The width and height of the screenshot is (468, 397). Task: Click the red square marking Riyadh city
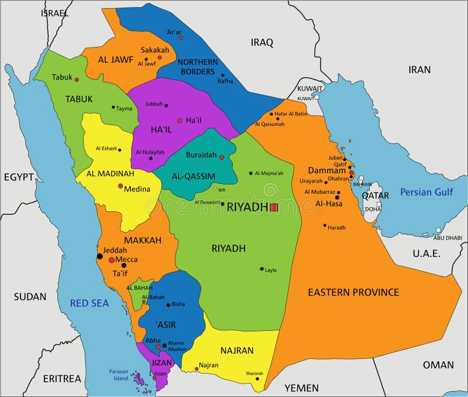point(274,207)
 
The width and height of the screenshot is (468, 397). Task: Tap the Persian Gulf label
point(426,191)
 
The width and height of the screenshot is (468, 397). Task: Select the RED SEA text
point(90,303)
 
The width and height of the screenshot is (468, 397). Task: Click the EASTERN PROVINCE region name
point(353,292)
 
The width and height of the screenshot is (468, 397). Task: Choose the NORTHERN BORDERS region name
point(197,66)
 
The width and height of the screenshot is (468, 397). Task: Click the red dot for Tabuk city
point(77,80)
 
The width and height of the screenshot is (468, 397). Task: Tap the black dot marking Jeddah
point(99,256)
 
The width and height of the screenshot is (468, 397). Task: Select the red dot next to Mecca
point(111,259)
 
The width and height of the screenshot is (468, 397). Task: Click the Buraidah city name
point(201,155)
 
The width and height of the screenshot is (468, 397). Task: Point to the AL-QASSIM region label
point(194,176)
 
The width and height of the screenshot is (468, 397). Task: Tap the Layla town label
point(270,270)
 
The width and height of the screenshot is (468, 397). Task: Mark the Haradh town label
point(336,227)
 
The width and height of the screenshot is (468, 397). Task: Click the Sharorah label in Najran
point(254,373)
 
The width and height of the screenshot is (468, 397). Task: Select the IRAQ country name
point(262,42)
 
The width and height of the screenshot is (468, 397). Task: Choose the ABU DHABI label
point(447,238)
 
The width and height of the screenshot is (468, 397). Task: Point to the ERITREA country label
point(62,378)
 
